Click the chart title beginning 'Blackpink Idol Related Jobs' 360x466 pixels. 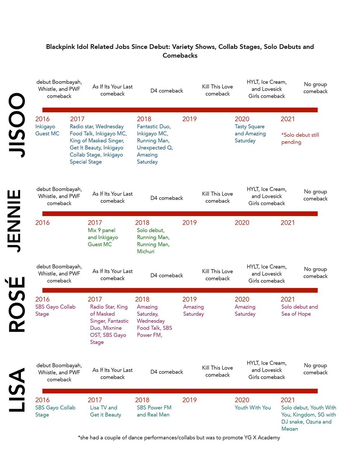(180, 51)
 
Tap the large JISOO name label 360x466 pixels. (17, 125)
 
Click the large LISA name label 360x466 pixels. (17, 389)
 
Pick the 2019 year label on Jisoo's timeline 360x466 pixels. (190, 119)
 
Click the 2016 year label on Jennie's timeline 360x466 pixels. (42, 223)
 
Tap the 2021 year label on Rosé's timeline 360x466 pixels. (288, 299)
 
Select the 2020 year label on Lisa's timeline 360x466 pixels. (242, 400)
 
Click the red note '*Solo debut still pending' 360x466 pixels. (300, 139)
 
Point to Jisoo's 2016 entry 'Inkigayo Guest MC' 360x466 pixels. (47, 130)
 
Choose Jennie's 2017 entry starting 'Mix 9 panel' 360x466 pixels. (103, 237)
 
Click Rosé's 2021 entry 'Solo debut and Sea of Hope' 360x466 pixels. (299, 310)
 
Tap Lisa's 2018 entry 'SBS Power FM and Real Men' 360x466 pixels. (154, 411)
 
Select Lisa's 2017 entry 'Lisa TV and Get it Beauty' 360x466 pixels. (106, 411)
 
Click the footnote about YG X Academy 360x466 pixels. (179, 438)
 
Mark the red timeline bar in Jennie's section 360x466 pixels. (180, 214)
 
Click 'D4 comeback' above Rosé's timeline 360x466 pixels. (167, 275)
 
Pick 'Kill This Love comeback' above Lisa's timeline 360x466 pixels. (217, 371)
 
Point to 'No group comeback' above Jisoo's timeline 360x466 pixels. (315, 88)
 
